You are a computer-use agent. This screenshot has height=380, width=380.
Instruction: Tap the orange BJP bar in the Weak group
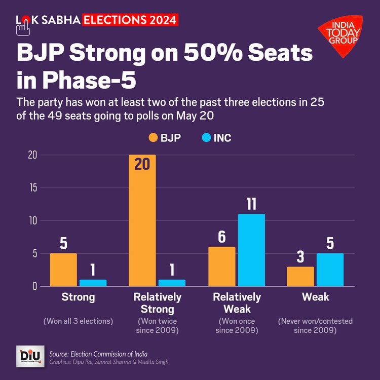tap(300, 276)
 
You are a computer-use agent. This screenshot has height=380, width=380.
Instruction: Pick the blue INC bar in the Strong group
tap(93, 283)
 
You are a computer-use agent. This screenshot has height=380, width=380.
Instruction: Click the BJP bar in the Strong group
tap(63, 270)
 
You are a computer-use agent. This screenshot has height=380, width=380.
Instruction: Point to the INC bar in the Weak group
tap(330, 270)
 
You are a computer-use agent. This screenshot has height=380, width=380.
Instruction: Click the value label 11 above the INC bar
tap(251, 204)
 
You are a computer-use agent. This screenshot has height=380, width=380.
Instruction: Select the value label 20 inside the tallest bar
tap(142, 165)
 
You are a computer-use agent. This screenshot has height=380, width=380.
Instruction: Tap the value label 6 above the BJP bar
tap(222, 237)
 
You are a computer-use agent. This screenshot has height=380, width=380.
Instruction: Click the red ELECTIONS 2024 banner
tap(130, 20)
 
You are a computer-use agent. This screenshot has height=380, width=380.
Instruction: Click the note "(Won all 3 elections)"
tap(78, 321)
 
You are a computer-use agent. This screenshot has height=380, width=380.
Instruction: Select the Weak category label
tap(315, 297)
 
